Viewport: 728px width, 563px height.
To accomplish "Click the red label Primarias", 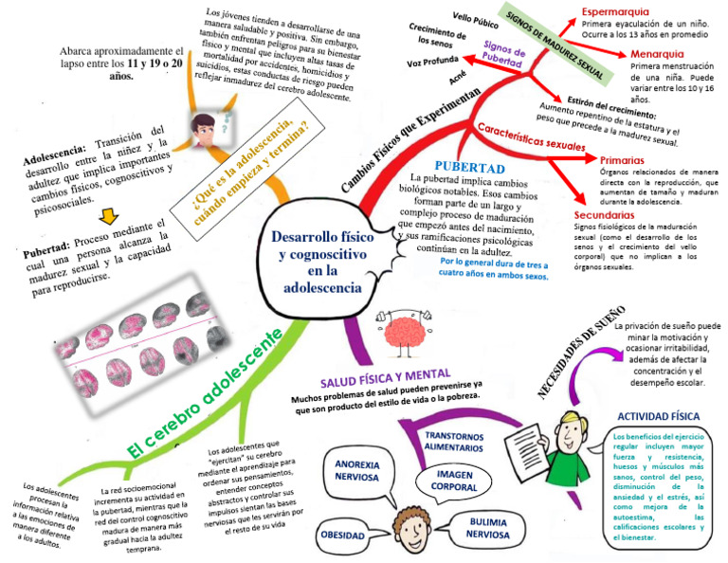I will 626,160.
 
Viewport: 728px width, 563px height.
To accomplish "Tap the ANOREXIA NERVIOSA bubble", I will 356,471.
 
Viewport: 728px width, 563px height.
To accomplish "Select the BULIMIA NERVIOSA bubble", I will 487,527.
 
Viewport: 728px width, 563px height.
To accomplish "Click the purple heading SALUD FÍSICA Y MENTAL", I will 385,376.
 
